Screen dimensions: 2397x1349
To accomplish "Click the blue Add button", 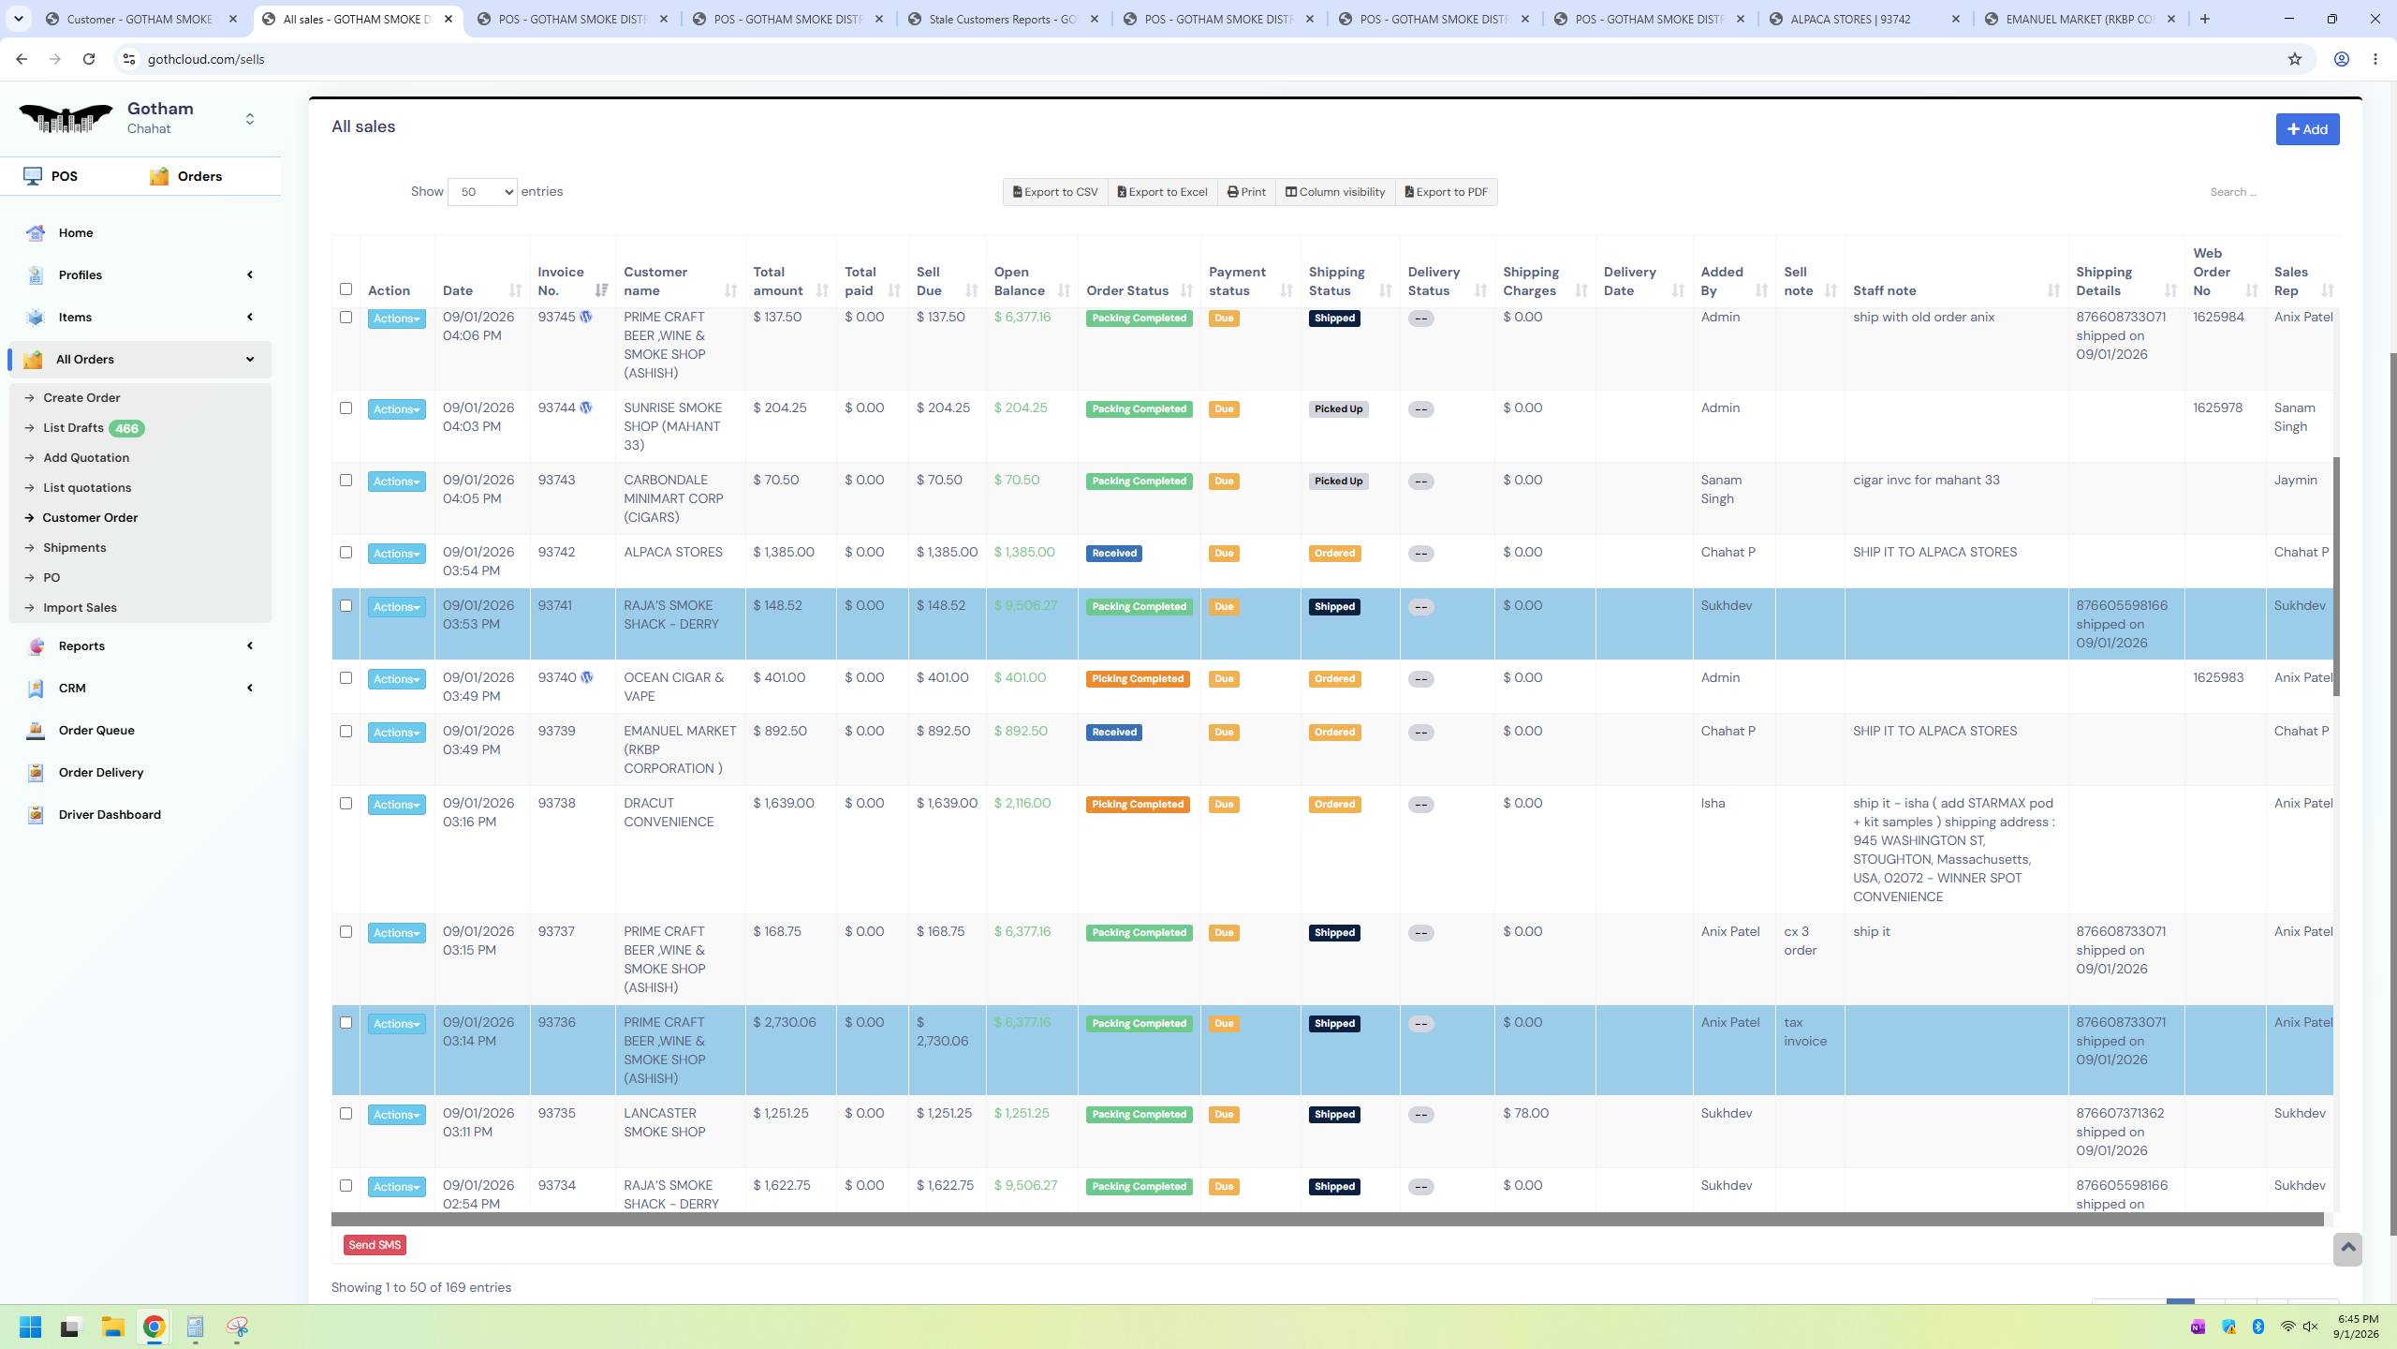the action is tap(2307, 129).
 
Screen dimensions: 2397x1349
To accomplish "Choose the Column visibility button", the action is tap(1335, 192).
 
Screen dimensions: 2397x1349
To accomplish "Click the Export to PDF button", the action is tap(1447, 192).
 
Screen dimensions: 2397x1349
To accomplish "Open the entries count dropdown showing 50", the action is tap(482, 192).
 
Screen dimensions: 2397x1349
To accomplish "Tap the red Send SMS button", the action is tap(375, 1245).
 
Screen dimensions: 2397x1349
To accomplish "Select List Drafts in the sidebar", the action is tap(73, 428).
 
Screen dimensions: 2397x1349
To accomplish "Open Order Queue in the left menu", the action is tap(96, 731).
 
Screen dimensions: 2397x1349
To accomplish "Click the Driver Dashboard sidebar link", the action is tap(110, 815).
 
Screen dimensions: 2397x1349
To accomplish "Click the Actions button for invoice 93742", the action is tap(397, 554).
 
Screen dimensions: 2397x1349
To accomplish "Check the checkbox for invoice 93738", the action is tap(346, 804).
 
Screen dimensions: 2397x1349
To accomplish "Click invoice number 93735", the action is tap(556, 1113).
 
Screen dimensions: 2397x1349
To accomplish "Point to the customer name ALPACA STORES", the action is tap(673, 552).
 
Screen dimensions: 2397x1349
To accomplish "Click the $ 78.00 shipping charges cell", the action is tap(1526, 1113).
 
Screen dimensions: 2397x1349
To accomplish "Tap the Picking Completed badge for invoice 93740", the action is tap(1138, 679).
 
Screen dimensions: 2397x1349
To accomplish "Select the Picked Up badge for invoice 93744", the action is tap(1338, 409).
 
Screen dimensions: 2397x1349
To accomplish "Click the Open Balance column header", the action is tap(1020, 281).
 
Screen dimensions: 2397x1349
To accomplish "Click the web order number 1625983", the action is tap(2218, 677).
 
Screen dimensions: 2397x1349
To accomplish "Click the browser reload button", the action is tap(89, 59).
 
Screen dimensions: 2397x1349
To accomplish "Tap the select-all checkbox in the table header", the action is tap(346, 289).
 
